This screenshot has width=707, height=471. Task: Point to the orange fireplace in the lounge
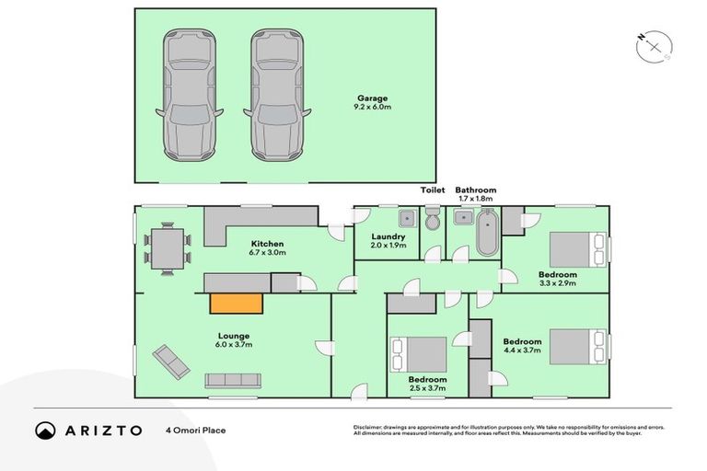click(x=237, y=304)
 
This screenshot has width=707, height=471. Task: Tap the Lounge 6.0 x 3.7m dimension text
click(x=234, y=344)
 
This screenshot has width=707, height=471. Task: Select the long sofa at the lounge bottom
click(x=234, y=379)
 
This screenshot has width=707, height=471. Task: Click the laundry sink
click(x=405, y=218)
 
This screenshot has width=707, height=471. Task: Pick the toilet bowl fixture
click(x=432, y=219)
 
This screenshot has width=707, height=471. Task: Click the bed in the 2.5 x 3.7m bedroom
click(x=420, y=354)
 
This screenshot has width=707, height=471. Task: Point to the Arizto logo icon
click(x=45, y=430)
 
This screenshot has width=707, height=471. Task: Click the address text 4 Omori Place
click(x=196, y=430)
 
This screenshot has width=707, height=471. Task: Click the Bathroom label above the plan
click(x=475, y=190)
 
